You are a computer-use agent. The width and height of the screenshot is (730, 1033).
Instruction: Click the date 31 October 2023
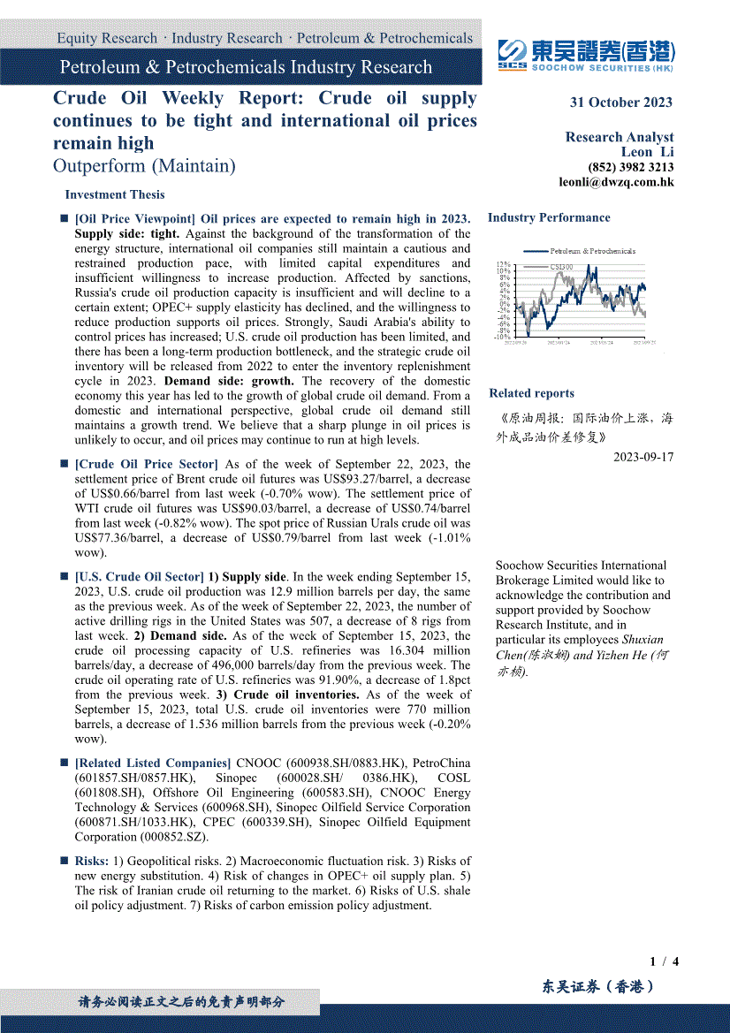620,102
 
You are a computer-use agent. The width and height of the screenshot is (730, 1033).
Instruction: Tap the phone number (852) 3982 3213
630,167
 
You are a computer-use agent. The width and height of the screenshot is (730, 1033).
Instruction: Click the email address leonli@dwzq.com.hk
616,182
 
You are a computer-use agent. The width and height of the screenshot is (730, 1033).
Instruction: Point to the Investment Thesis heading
115,194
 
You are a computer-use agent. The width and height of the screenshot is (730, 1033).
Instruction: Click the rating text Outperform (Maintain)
144,166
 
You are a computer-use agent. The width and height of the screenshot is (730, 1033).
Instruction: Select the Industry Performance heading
549,217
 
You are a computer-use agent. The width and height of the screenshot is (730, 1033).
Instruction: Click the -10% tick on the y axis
502,337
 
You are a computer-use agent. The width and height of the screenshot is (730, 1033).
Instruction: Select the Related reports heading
531,393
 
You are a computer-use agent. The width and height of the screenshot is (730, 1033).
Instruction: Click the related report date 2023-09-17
643,457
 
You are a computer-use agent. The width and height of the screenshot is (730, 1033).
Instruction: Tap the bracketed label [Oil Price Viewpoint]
135,219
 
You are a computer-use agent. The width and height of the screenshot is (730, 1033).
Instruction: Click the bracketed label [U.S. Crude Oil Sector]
140,577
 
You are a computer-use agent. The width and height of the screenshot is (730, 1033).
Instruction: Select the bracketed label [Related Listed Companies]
153,763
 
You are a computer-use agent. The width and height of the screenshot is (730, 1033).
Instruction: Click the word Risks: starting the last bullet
92,861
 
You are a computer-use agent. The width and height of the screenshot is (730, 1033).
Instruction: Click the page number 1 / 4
664,961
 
